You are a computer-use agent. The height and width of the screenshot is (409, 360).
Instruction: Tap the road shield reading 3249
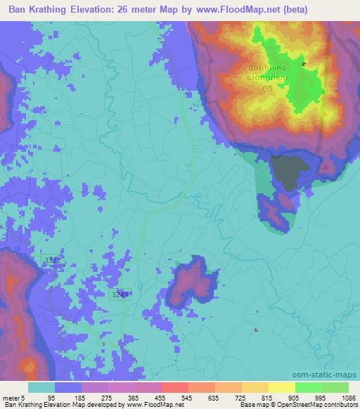click(120, 295)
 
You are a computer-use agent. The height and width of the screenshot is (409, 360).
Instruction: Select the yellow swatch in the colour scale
click(281, 387)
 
